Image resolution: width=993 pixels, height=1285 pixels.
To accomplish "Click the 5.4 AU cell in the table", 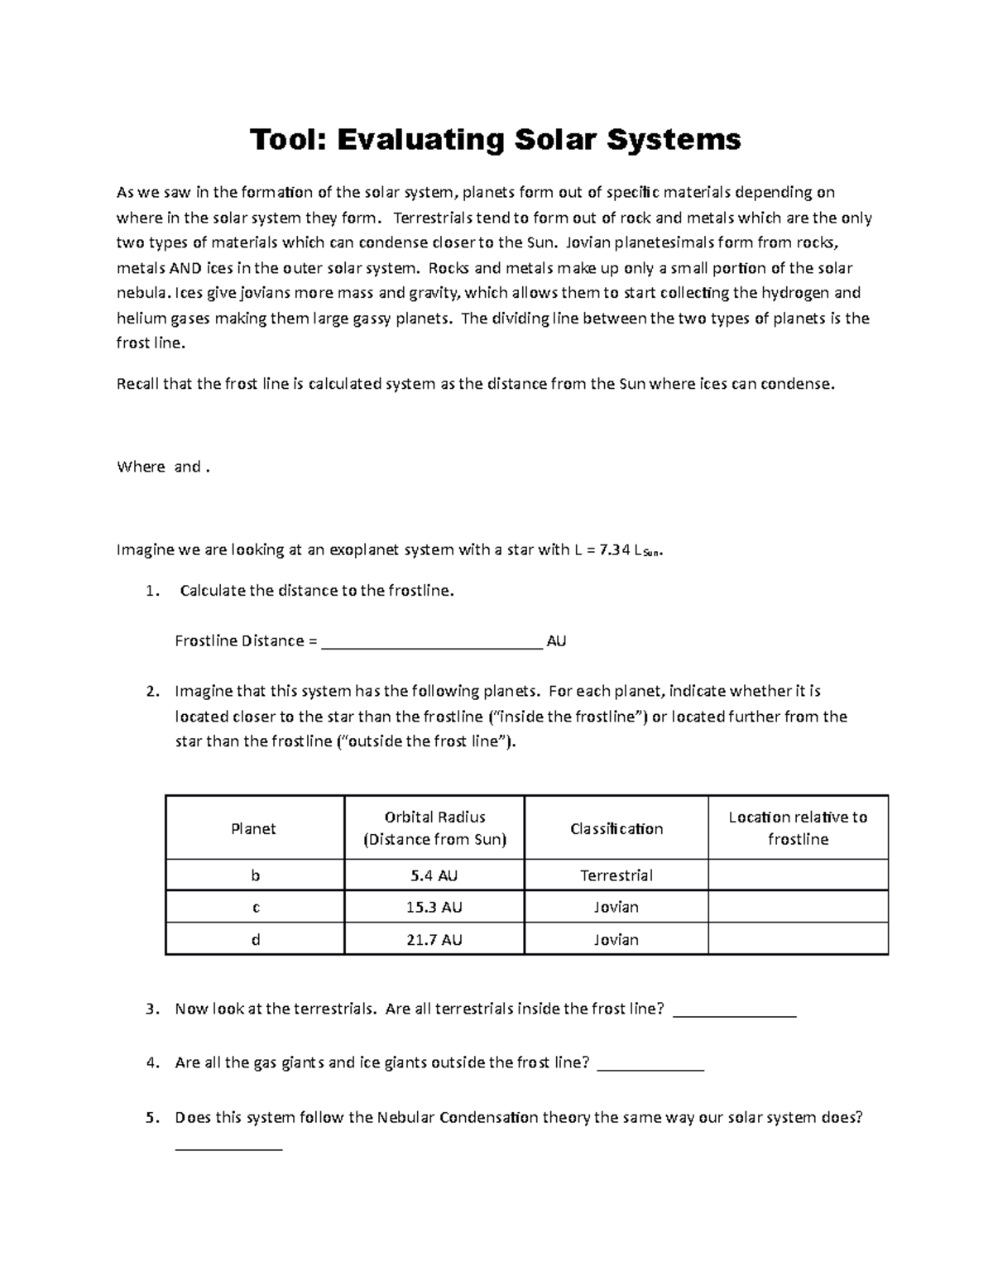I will click(x=434, y=875).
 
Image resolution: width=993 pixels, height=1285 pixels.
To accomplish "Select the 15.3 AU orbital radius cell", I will click(x=434, y=907).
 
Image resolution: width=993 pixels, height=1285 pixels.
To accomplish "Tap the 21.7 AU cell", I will click(x=434, y=939).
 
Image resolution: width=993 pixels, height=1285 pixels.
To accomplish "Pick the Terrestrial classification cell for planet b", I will click(x=616, y=875).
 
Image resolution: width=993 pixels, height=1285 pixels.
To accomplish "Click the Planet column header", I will click(x=253, y=828).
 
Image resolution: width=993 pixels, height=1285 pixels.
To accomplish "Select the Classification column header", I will click(x=616, y=828).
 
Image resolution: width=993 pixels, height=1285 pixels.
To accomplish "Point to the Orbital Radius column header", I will click(x=434, y=828).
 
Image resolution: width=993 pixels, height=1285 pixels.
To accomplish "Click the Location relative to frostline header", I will click(x=798, y=828).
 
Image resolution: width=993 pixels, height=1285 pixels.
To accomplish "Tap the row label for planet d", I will click(x=255, y=939).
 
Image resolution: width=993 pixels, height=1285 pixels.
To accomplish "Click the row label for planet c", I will click(x=255, y=907).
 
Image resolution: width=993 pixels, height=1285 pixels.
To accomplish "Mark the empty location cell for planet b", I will click(x=798, y=875).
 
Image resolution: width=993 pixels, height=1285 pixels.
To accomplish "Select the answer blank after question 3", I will click(x=735, y=1010).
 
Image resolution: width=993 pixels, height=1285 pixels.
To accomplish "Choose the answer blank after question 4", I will click(x=650, y=1065).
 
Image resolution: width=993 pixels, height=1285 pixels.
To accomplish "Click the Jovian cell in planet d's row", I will click(x=616, y=939).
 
